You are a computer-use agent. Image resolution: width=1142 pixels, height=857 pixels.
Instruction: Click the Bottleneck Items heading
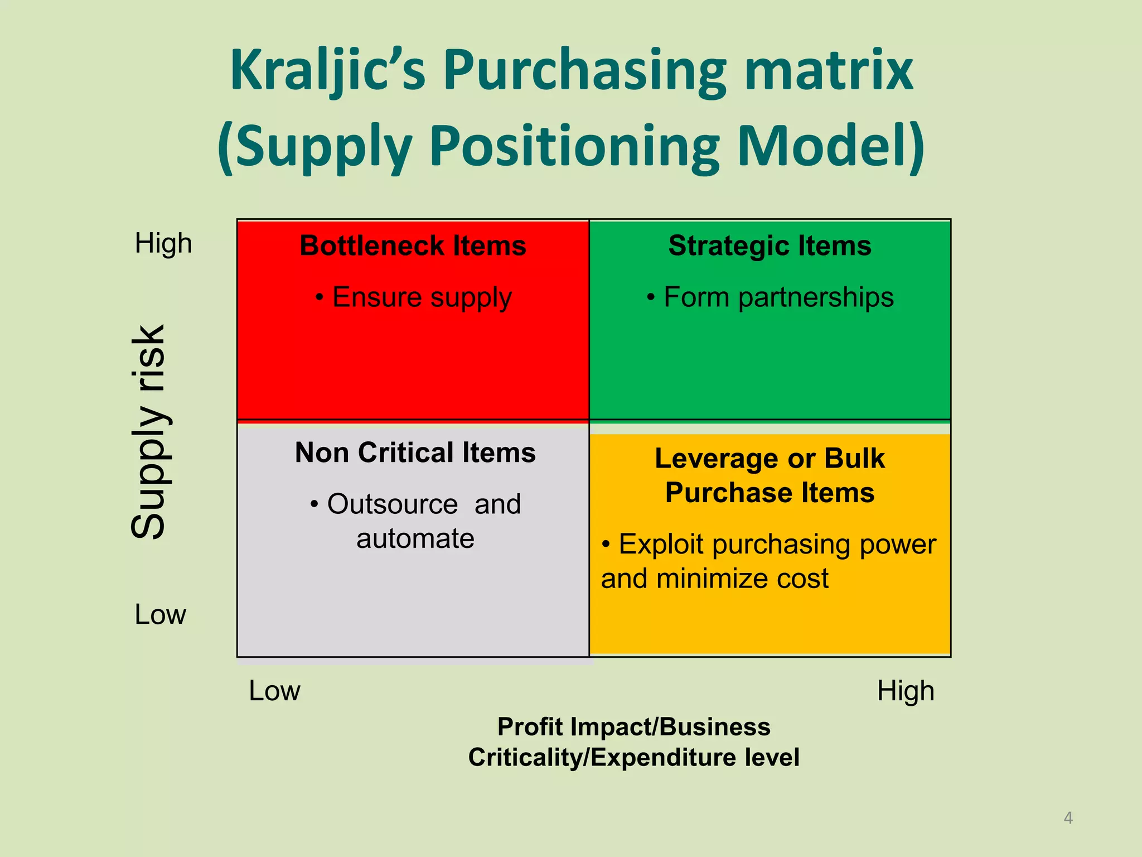click(x=413, y=245)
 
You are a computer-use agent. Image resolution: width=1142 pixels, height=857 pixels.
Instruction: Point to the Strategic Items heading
click(x=770, y=246)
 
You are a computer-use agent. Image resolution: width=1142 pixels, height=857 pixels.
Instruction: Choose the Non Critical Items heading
click(x=415, y=452)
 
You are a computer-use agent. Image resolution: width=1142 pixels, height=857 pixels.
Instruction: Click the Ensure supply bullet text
click(x=413, y=297)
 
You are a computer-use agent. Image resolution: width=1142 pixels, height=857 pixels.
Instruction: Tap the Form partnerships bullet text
click(x=770, y=297)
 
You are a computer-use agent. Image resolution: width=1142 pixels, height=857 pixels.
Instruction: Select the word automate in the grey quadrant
click(x=415, y=539)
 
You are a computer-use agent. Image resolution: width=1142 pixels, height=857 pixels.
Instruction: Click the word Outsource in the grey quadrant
click(x=393, y=504)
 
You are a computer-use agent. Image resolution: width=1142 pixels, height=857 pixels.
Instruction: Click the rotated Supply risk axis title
click(x=149, y=432)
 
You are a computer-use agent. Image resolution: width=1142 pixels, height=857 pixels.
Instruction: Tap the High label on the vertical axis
click(x=163, y=244)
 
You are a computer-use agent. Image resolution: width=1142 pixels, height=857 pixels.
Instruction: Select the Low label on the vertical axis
click(x=161, y=615)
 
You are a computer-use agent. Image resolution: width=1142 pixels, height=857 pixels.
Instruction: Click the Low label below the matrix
click(x=274, y=691)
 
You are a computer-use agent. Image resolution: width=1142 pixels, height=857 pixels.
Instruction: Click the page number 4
click(x=1068, y=818)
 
